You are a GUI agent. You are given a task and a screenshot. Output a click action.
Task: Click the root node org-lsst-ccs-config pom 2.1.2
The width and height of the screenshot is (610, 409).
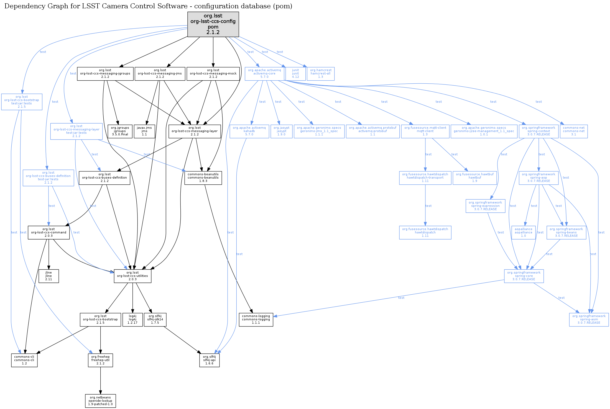213,24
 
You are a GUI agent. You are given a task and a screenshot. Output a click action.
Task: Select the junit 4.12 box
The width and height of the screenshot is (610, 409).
295,74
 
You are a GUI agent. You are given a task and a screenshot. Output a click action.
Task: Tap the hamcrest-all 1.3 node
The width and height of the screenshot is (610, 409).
321,74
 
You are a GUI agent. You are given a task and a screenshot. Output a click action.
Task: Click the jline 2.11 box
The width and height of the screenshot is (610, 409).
49,276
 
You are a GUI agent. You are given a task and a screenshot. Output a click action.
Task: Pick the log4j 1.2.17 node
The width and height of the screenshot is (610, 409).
132,320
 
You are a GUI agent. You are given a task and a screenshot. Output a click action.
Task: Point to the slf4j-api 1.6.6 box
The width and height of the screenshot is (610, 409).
209,360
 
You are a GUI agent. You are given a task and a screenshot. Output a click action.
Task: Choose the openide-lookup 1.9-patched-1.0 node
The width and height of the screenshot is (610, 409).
100,401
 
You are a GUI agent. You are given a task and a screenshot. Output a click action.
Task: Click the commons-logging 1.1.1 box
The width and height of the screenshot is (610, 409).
256,320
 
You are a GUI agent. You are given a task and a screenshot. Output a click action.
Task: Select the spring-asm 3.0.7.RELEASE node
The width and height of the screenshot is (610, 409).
589,320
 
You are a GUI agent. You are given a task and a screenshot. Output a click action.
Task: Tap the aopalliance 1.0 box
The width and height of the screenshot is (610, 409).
523,233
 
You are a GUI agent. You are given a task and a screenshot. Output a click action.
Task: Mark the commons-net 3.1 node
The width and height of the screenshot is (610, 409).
574,131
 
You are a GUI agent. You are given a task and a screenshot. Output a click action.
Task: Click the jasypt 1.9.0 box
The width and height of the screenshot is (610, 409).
281,131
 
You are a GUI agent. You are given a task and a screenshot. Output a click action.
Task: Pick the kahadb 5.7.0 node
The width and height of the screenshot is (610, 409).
249,131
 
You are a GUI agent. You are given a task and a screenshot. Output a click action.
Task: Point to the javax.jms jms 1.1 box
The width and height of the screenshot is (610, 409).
144,131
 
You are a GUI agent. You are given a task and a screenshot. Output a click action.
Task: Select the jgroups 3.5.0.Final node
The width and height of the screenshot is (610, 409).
120,131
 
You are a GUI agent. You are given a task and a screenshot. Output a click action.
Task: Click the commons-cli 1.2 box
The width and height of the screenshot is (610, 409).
24,360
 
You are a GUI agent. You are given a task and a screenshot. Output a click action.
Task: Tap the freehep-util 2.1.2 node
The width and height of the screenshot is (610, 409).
100,360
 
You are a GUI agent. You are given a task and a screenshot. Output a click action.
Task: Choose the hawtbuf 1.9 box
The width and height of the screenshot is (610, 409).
474,178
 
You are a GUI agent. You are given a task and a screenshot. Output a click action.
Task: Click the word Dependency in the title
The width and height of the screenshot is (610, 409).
21,6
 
